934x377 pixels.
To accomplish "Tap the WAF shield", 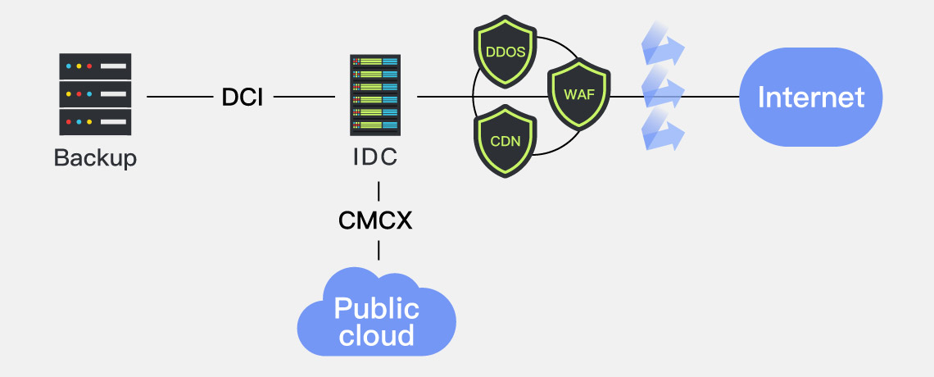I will pos(579,93).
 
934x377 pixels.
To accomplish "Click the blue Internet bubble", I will pos(810,98).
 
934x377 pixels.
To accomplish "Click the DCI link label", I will pos(243,98).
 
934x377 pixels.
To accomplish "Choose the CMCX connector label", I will pos(375,220).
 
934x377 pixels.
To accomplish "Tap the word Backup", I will pos(95,157).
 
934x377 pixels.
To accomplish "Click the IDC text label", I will pos(375,157).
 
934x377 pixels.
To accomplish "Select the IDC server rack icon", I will pos(375,95).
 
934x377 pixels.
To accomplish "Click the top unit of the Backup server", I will pos(95,66).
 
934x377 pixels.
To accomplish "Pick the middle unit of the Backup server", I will pos(95,95).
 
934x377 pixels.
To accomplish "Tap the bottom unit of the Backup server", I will pos(95,123).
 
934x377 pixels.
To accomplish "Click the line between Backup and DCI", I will pos(179,98).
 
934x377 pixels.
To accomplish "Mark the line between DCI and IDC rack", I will pos(304,98).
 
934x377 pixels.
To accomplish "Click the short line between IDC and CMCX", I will pos(378,192).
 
